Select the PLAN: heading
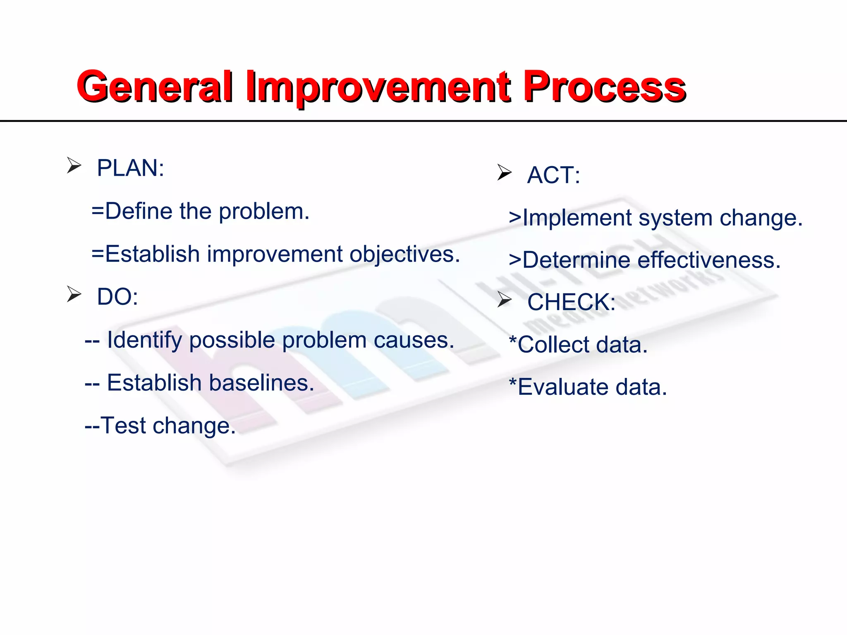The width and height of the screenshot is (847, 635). coord(130,168)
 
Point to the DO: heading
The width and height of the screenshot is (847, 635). coord(117,297)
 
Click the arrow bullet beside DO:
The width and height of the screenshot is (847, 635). coord(74,294)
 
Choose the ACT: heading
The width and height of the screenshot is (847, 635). coord(553,175)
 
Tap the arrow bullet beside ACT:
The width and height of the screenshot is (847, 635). coord(504,172)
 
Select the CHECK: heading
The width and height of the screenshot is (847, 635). coord(571,302)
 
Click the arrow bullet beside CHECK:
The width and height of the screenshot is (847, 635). coord(504,299)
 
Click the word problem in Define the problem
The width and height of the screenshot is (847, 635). coord(264,212)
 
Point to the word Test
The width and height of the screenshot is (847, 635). coord(123,425)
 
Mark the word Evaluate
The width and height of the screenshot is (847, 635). coord(563,387)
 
